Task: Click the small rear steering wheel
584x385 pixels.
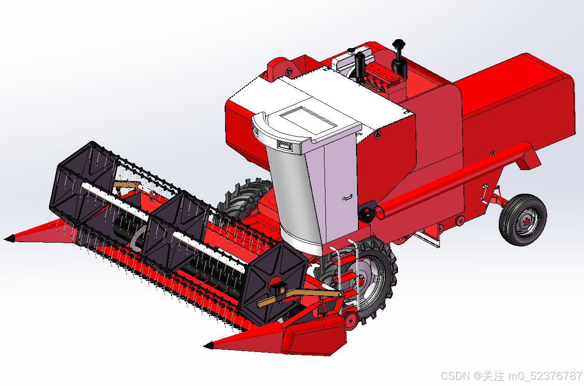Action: click(x=523, y=220)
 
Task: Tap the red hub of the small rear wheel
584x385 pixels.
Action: click(x=527, y=222)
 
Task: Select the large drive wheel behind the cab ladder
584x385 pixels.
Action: click(x=365, y=279)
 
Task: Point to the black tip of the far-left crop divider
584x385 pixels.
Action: click(x=9, y=238)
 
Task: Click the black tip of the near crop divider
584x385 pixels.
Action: click(x=209, y=345)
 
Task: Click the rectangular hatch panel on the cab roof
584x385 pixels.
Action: click(x=308, y=121)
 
